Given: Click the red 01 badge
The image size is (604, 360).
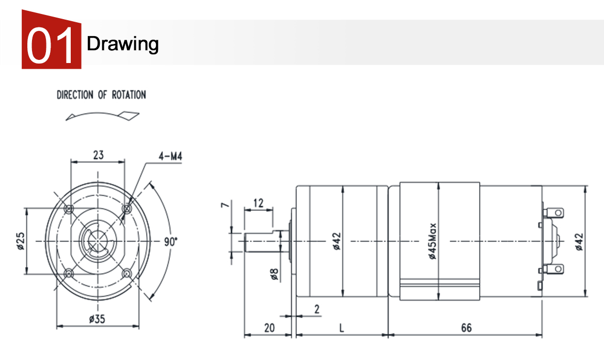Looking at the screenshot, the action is pos(51,40).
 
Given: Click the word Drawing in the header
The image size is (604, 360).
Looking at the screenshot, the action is pos(122,44).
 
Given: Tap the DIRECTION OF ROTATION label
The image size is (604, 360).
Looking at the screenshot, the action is pos(101,95).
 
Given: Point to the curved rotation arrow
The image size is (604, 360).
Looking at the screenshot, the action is pos(102,115).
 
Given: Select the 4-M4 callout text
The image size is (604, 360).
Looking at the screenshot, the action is pos(170,156).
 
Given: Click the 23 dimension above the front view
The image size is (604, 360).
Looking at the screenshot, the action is pos(98,155).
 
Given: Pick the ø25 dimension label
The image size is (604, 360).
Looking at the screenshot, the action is pos(21,241).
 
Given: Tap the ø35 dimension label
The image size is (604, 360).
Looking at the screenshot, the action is pos(97,319).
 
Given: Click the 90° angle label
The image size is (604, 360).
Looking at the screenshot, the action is pos(171,242).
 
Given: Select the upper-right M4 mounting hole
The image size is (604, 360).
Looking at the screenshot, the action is pos(126,209).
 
